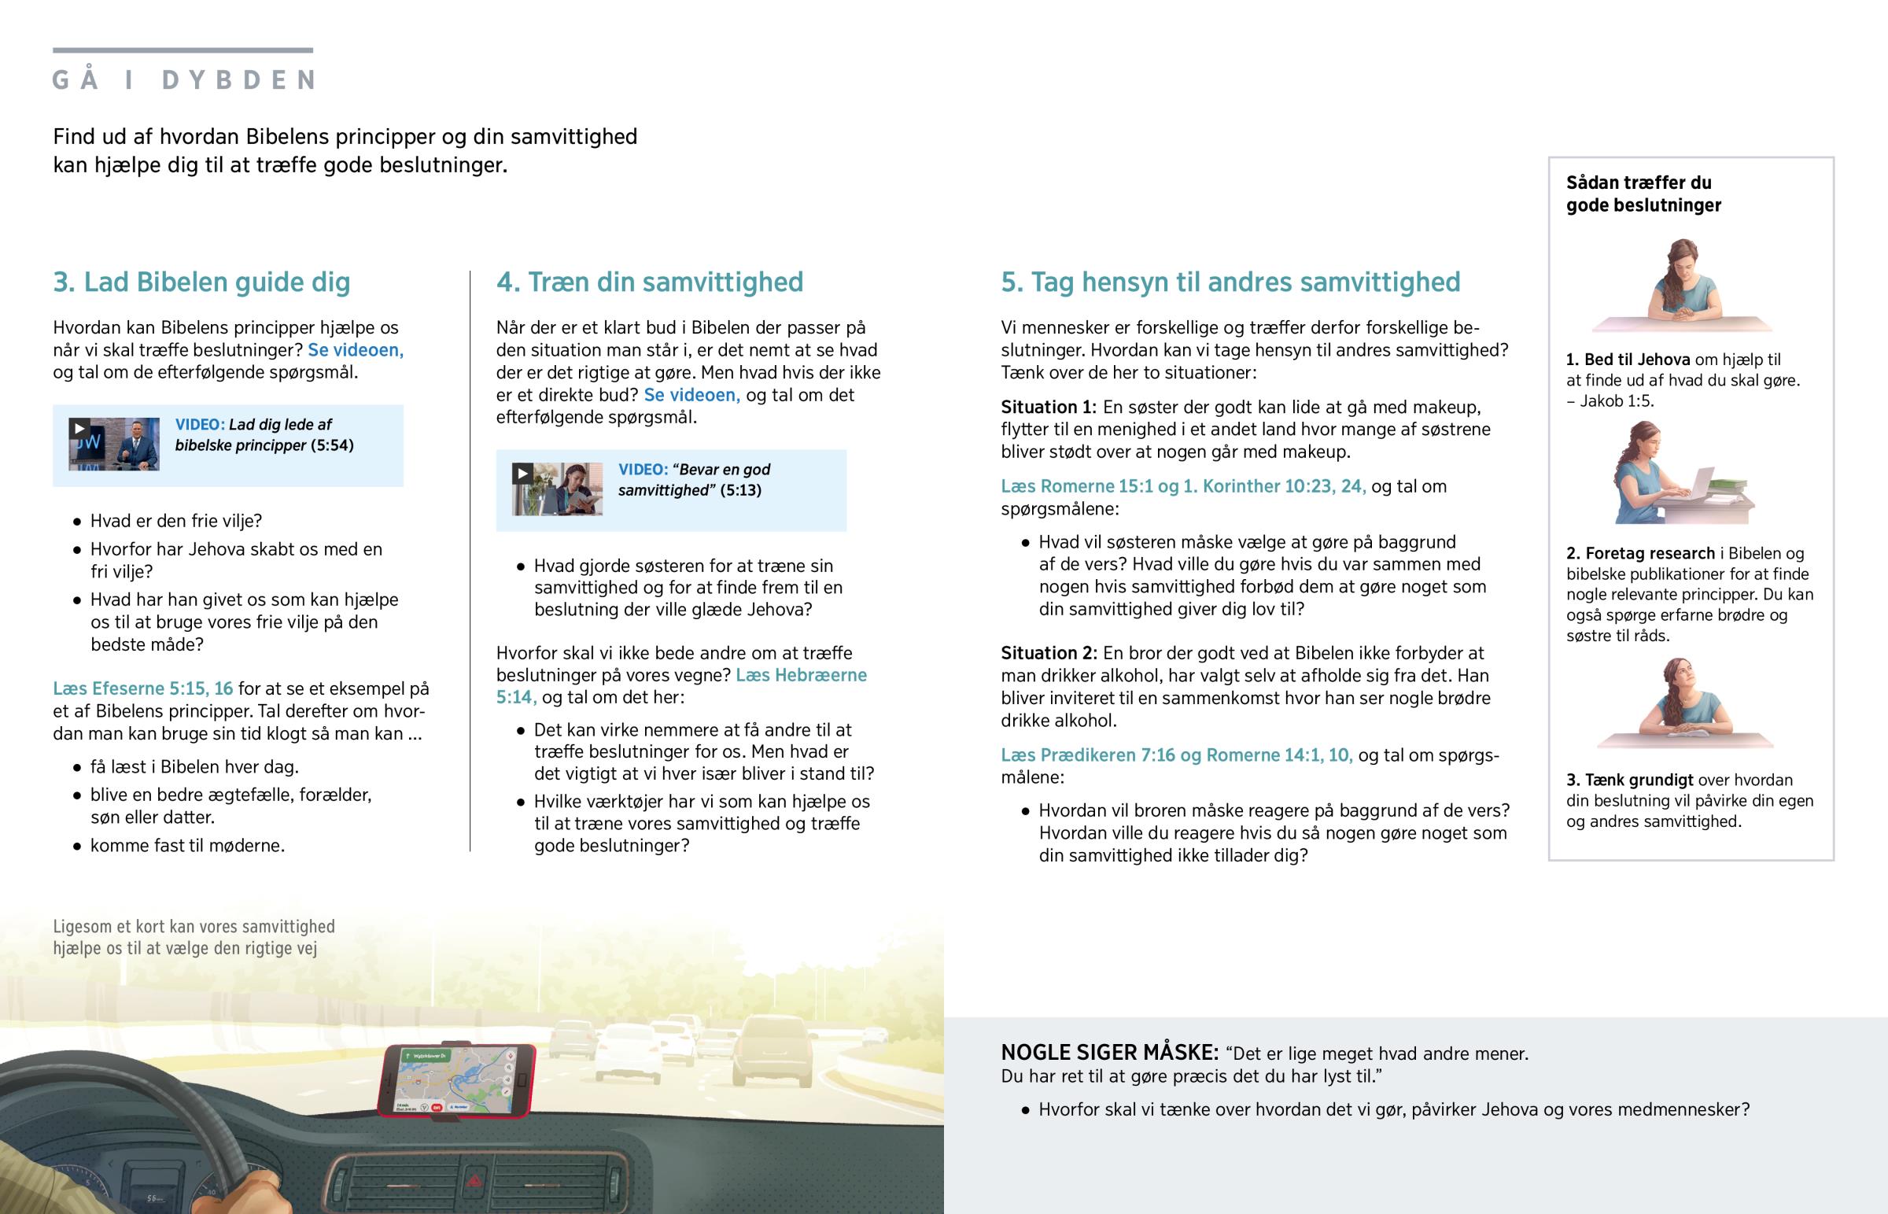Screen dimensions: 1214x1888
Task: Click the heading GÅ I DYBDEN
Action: (x=183, y=79)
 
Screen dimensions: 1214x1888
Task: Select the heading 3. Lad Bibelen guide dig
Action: (x=201, y=282)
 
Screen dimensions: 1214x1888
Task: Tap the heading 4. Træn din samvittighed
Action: (x=649, y=282)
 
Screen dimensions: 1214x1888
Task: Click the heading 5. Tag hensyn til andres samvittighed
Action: (x=1230, y=282)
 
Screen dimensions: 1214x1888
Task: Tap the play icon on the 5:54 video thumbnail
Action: (x=79, y=429)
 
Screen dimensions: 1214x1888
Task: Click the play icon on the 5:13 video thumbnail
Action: (x=522, y=474)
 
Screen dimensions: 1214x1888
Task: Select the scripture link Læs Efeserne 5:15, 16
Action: (x=142, y=689)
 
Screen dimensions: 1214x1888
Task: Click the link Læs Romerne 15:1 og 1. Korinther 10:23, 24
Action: (x=1183, y=486)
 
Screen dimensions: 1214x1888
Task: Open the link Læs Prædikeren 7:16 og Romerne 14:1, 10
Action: (x=1176, y=755)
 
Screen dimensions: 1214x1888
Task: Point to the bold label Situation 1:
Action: (x=1048, y=408)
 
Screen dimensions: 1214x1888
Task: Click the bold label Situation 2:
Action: (x=1048, y=654)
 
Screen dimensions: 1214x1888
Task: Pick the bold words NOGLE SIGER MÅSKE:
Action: (x=1109, y=1053)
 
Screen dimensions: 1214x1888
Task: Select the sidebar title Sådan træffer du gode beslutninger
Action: (x=1643, y=194)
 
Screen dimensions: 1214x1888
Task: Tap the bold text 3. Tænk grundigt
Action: (x=1628, y=780)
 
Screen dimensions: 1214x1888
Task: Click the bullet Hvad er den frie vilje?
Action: (x=175, y=521)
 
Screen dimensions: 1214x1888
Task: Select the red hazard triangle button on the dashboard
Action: (x=476, y=1181)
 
